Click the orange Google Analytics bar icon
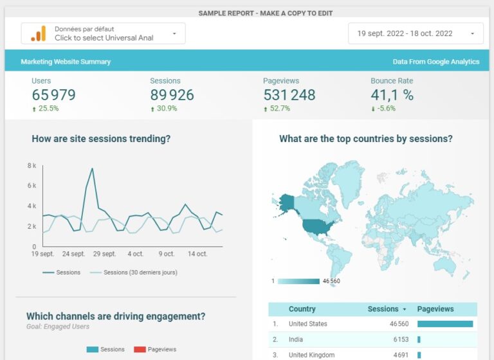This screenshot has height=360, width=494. pos(39,33)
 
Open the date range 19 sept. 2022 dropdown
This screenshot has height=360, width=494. pos(415,33)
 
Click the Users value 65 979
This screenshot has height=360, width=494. pos(54,95)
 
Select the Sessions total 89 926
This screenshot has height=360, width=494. pos(173,95)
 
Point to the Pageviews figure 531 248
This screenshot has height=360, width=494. pos(289,95)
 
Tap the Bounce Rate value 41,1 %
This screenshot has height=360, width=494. pos(392,95)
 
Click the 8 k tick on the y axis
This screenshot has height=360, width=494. pos(32,166)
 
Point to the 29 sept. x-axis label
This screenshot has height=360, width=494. pos(104,254)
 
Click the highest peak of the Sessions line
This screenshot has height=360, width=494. pos(93,169)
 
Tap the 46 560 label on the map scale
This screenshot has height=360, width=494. pos(331,282)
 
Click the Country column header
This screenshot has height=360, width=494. pos(302,309)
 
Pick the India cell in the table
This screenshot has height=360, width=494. pos(297,339)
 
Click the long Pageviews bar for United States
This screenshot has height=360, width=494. pos(445,324)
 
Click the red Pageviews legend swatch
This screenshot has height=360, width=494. pos(140,349)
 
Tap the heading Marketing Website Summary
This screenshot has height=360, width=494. pos(66,62)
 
